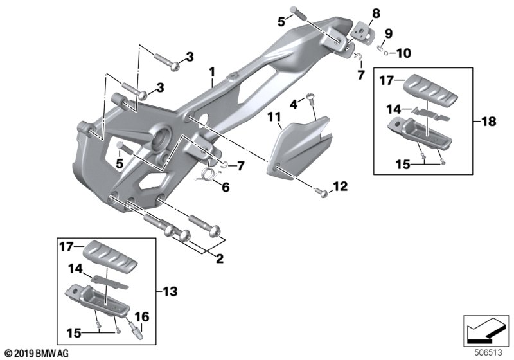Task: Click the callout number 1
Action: tap(212, 72)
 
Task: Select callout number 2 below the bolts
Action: tap(220, 258)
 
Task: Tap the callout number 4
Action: tap(294, 105)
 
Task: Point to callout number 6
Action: tap(226, 187)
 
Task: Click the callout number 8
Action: tap(376, 14)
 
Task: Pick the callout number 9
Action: tap(389, 33)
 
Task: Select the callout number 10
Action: tap(403, 53)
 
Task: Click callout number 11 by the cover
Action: tap(274, 117)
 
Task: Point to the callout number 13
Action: tap(170, 291)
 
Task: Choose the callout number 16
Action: tap(142, 317)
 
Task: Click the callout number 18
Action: tap(489, 122)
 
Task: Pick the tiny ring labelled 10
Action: tap(387, 53)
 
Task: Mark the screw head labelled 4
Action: tap(310, 96)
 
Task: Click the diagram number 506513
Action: tap(488, 353)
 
